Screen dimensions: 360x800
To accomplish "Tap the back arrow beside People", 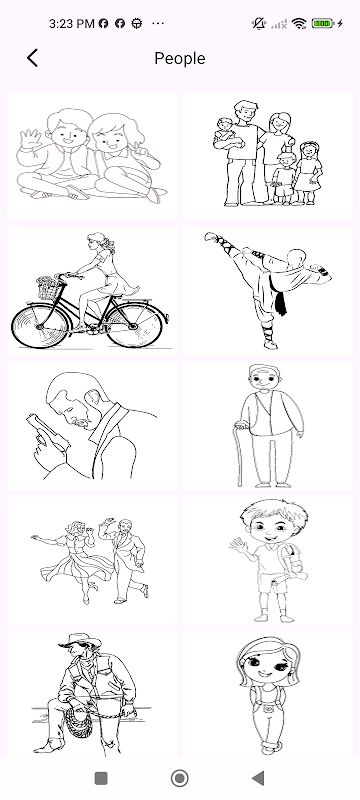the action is point(32,58).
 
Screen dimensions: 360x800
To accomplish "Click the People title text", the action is point(180,59).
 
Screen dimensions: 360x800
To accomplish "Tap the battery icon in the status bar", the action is point(322,23).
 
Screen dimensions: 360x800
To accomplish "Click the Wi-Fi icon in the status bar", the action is point(299,23).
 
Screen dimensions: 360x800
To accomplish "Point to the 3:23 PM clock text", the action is point(71,23).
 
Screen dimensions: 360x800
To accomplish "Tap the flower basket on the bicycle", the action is point(48,288).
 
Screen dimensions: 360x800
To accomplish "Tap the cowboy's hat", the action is point(80,641).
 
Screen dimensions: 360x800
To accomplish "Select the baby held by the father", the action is point(224,133).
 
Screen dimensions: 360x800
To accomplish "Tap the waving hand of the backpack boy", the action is point(238,546).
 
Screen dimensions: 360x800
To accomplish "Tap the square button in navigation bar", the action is point(101,778).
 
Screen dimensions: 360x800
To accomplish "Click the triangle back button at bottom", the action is point(258,778).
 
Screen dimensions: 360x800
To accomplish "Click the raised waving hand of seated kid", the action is point(30,138).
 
